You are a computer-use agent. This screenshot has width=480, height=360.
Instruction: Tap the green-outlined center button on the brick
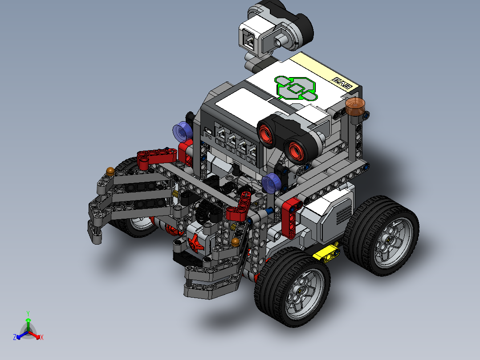point(294,88)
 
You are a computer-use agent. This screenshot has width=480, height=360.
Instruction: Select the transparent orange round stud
point(355,106)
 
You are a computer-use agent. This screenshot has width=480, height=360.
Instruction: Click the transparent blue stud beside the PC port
point(181,131)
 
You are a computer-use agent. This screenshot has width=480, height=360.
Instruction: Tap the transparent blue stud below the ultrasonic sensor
point(270,183)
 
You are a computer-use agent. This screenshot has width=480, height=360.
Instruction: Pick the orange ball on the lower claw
point(235,242)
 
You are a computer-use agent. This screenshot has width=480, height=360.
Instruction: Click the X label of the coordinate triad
point(41,338)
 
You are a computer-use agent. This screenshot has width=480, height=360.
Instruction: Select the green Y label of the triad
point(28,313)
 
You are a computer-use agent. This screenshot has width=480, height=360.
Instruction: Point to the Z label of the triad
point(15,337)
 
